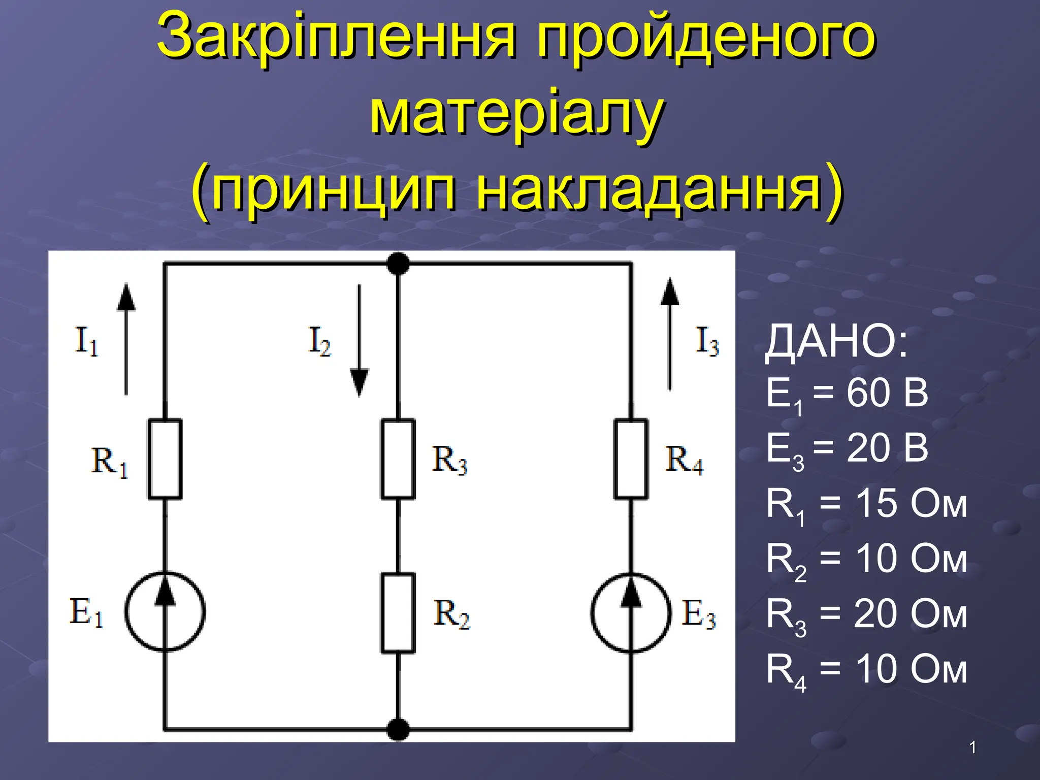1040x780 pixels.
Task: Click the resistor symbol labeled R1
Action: pos(165,459)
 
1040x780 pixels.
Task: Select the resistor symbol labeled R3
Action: pos(398,459)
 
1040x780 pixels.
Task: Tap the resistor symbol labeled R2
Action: pos(398,613)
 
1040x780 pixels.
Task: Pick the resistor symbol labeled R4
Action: pos(631,459)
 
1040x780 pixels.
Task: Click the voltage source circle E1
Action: pos(165,612)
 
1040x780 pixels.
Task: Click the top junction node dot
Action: pos(398,264)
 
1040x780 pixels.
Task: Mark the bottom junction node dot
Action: pos(398,730)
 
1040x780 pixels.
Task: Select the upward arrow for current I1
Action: pos(126,339)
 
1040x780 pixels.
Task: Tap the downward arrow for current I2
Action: pos(360,340)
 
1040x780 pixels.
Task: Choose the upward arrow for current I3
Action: pos(670,334)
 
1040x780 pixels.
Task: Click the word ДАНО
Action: pos(836,343)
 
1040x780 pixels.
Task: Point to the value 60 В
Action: pos(887,393)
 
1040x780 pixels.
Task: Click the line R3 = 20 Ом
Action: pos(866,614)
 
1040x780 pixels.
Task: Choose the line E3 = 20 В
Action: pos(847,449)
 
